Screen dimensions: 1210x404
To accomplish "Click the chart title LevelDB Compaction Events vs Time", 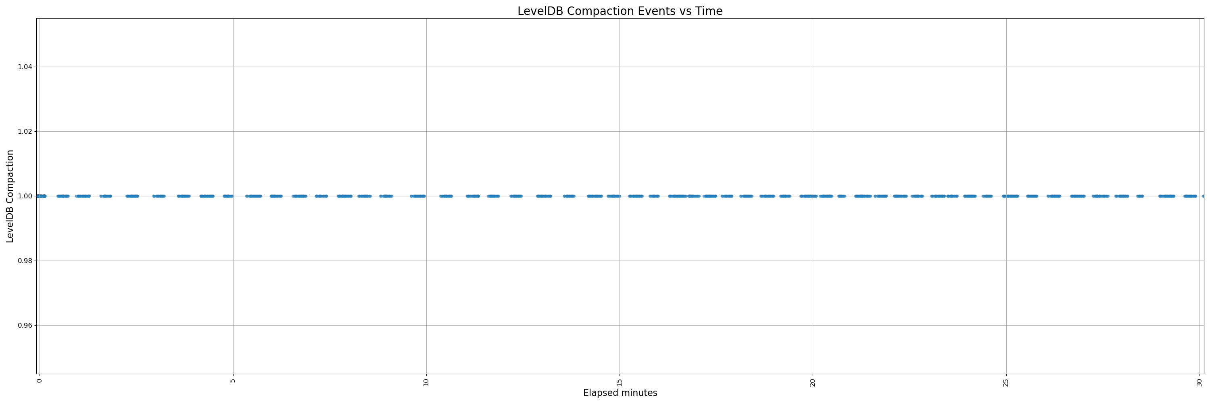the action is coord(620,11).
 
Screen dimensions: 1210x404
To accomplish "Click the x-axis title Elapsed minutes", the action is coord(620,393).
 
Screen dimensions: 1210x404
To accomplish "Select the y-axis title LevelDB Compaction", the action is coord(10,196).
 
